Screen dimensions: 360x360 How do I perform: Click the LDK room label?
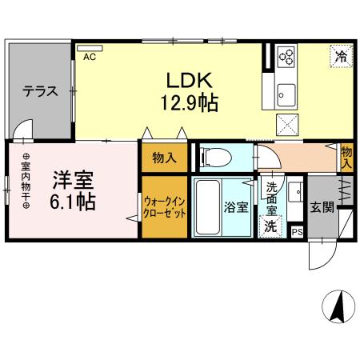(188, 80)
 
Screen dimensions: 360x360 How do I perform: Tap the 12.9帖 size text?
(188, 102)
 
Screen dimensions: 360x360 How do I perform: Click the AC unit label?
(88, 57)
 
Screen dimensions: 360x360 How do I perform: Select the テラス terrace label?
(39, 90)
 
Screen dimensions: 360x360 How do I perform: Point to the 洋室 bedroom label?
(73, 177)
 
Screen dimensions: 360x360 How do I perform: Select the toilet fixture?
(215, 157)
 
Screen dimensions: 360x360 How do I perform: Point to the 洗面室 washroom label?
(272, 200)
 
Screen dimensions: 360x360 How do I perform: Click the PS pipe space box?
(298, 232)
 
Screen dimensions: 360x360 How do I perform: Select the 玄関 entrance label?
(323, 206)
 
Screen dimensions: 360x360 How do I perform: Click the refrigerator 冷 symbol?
(341, 57)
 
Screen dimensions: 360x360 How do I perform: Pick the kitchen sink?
(286, 94)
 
